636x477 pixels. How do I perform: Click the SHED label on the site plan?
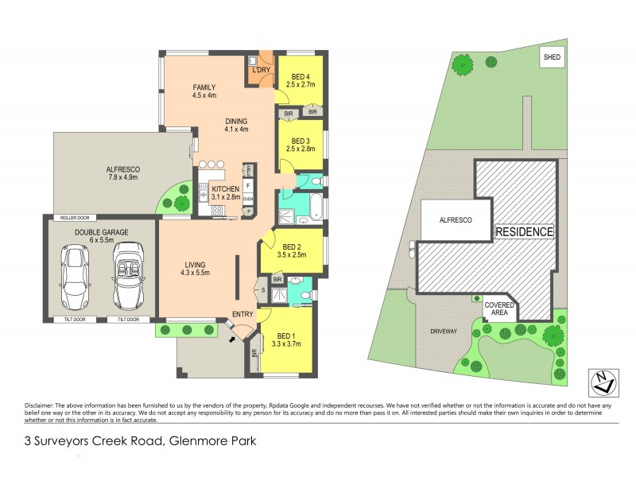[x=550, y=57]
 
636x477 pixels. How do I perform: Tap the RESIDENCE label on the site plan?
[x=524, y=232]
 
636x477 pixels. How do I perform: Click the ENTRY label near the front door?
[x=242, y=314]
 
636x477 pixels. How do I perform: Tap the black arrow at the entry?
[x=231, y=339]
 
